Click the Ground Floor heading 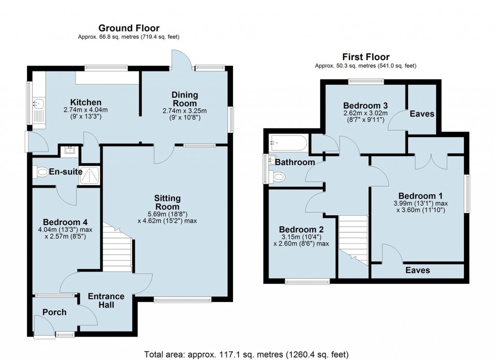click(x=129, y=29)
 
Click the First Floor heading click(x=366, y=57)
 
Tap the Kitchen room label click(x=86, y=103)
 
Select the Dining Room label click(x=184, y=99)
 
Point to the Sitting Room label click(x=167, y=202)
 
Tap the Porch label click(x=54, y=312)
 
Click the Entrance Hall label click(x=106, y=300)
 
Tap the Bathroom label click(x=295, y=162)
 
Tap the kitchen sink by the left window click(x=38, y=103)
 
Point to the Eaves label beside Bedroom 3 click(x=422, y=114)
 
